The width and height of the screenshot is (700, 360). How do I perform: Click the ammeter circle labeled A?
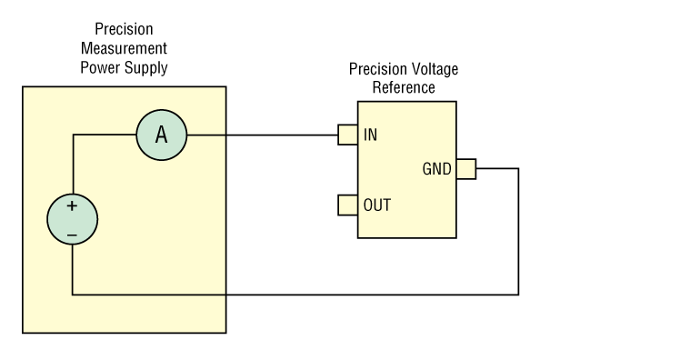point(161,135)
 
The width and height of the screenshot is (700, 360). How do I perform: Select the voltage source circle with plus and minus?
point(72,220)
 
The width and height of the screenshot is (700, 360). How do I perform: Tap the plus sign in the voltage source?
point(72,206)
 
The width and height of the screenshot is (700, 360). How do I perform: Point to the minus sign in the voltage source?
point(72,235)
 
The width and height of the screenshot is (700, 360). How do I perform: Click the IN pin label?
point(371,135)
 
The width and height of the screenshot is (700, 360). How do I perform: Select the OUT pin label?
point(377,205)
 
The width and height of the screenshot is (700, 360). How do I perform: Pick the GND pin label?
point(436,169)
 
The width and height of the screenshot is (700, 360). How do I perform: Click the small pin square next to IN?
point(347,135)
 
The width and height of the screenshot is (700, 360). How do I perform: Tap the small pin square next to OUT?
point(347,205)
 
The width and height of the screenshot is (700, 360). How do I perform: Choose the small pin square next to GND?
point(465,169)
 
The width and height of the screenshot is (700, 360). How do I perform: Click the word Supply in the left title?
point(145,68)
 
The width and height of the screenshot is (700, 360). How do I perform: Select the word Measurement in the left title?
point(124,48)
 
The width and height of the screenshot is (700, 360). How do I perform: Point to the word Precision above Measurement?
point(124,29)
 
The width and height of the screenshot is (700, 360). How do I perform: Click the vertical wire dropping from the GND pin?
point(518,232)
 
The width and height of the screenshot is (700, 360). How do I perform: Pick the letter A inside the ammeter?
point(161,135)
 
